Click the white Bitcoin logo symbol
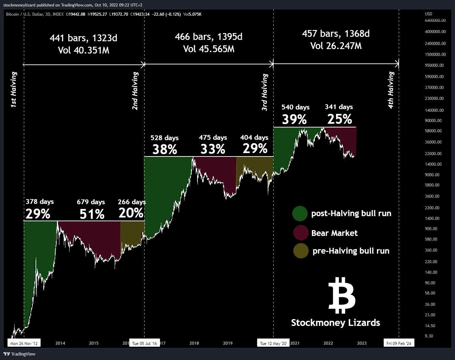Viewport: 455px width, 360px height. tap(342, 295)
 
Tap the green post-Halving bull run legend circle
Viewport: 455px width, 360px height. tap(300, 214)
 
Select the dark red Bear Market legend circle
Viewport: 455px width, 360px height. tap(300, 233)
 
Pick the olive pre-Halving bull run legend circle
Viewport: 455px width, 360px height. tap(300, 251)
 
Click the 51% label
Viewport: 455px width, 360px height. tap(92, 214)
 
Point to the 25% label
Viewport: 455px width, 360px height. tap(339, 119)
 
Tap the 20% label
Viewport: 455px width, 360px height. tap(131, 213)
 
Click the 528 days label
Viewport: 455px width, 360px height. tap(164, 138)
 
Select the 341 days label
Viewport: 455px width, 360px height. tap(339, 107)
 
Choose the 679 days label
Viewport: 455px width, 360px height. tap(91, 202)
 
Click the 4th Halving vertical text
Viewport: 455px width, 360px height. tap(391, 90)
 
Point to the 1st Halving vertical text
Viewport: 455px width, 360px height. tap(14, 90)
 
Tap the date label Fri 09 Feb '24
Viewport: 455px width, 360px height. tap(399, 343)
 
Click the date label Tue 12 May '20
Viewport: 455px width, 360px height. tap(273, 343)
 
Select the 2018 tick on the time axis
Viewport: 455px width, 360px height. tap(194, 343)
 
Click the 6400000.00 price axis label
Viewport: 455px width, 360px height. tap(435, 20)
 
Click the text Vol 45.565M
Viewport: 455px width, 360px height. tap(209, 49)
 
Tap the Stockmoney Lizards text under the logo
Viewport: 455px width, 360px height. tap(335, 322)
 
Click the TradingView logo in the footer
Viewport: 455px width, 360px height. tap(19, 354)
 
